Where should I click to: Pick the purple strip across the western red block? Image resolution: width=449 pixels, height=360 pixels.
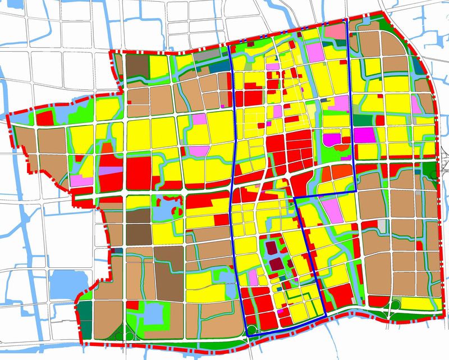pyautogui.click(x=111, y=170)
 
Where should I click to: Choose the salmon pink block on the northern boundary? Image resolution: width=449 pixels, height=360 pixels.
pyautogui.click(x=336, y=32)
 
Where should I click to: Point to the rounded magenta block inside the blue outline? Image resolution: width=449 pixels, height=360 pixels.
pyautogui.click(x=332, y=138)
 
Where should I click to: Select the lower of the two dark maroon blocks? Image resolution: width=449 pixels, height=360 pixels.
pyautogui.click(x=277, y=263)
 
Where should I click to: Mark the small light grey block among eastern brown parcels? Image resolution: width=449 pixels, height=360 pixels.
pyautogui.click(x=382, y=224)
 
